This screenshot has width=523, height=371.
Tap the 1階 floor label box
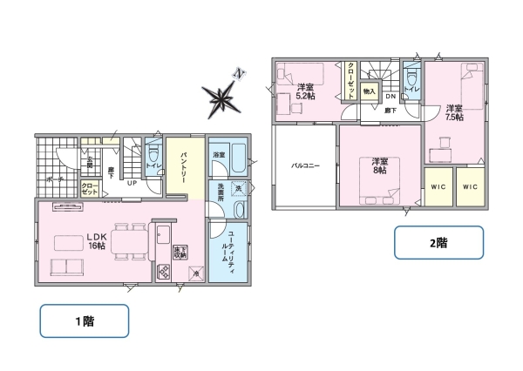[85, 320]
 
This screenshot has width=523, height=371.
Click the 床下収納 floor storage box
[180, 253]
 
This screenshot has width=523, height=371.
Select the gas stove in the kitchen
[162, 271]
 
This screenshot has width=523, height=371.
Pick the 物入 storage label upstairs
[369, 91]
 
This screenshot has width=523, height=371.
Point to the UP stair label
[132, 184]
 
